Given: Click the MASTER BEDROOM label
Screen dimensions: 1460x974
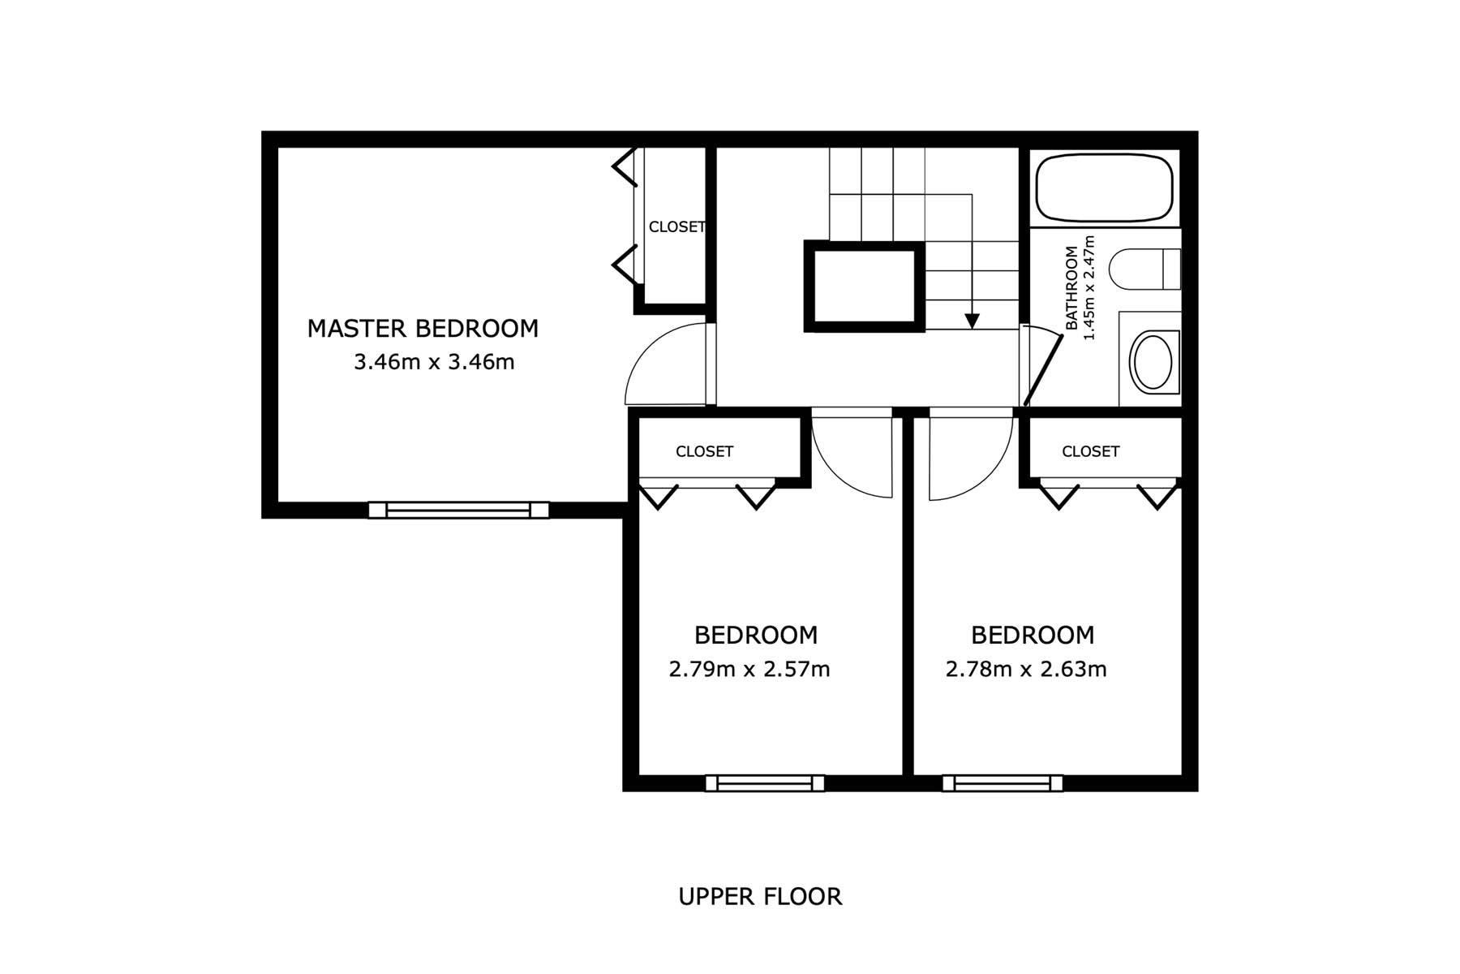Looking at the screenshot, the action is pyautogui.click(x=423, y=329).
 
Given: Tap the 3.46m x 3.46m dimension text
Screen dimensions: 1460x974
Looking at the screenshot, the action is pyautogui.click(x=434, y=362).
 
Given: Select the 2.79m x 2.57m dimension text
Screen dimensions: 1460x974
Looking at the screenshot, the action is pyautogui.click(x=749, y=670).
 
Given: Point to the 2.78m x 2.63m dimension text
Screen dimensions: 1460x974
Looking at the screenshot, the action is pyautogui.click(x=1026, y=670).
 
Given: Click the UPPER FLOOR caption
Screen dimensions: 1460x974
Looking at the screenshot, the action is pyautogui.click(x=760, y=897).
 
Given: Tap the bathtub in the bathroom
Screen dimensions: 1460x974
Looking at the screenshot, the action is pyautogui.click(x=1105, y=187).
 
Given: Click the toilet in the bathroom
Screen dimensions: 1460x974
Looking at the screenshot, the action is pyautogui.click(x=1144, y=269).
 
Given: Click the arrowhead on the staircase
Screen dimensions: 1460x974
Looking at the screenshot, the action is pyautogui.click(x=972, y=321).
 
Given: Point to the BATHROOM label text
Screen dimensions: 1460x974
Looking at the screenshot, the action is pyautogui.click(x=1072, y=288).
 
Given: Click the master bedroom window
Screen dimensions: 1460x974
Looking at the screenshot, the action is pyautogui.click(x=458, y=510).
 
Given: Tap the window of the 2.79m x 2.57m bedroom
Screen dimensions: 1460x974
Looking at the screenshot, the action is pyautogui.click(x=765, y=783).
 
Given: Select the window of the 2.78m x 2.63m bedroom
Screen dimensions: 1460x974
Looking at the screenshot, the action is pyautogui.click(x=1003, y=783).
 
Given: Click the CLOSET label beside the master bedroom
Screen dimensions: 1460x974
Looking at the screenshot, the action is pyautogui.click(x=676, y=227).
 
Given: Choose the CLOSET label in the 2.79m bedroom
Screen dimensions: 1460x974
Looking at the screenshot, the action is pyautogui.click(x=704, y=451).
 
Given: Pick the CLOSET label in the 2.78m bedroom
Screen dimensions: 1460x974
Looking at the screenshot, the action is pyautogui.click(x=1090, y=451).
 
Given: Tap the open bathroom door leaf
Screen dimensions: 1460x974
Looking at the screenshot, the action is pyautogui.click(x=1043, y=370).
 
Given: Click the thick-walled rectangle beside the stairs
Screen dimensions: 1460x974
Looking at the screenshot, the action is pyautogui.click(x=865, y=287).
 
